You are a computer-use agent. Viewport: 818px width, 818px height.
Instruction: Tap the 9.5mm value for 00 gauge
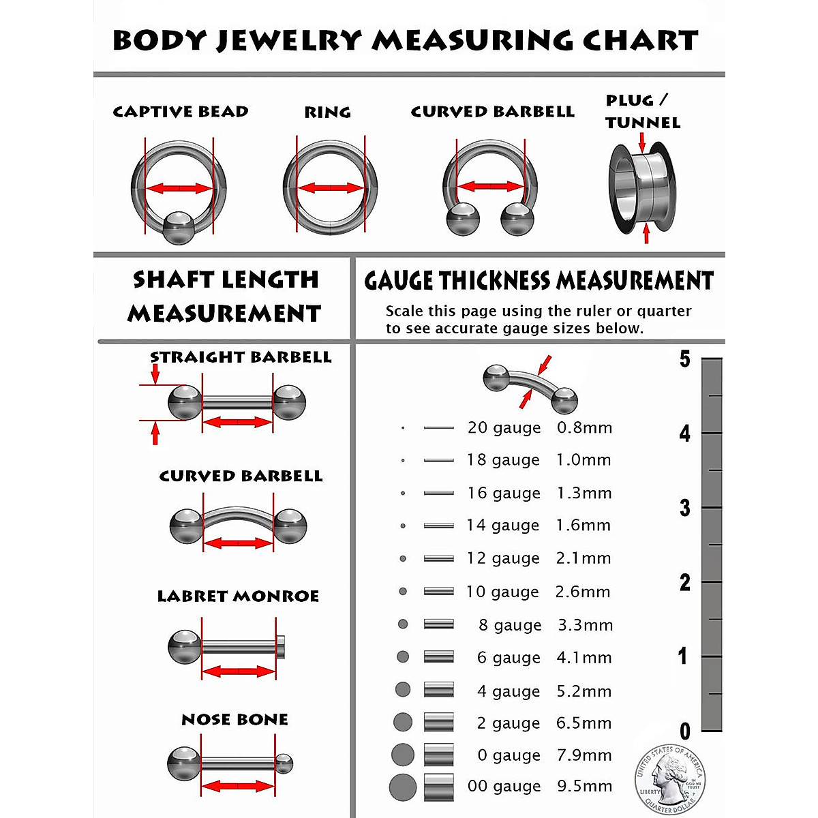point(584,786)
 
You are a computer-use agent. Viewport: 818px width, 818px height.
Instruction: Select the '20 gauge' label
point(504,428)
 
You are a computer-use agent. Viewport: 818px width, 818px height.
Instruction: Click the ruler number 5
point(684,359)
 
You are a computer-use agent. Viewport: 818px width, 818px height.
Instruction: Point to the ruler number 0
point(685,732)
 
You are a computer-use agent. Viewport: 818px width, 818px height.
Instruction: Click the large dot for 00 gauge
point(403,788)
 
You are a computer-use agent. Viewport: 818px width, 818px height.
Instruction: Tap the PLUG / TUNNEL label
point(642,112)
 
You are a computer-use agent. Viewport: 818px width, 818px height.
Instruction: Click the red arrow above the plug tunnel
point(642,142)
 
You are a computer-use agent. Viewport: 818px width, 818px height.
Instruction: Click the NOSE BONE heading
point(234,720)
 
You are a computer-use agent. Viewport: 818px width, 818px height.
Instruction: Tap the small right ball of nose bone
point(284,763)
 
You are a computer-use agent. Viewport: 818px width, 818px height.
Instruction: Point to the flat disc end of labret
point(280,646)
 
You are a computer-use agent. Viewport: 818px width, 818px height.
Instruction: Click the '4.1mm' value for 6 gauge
point(584,658)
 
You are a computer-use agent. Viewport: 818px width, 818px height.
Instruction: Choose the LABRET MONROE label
point(238,596)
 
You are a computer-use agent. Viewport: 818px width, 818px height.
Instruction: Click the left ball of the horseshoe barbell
point(463,221)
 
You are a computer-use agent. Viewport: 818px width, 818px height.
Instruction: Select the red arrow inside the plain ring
point(331,187)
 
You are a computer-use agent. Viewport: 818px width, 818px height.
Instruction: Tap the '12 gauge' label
point(502,558)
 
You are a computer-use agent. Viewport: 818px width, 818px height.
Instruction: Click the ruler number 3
point(684,509)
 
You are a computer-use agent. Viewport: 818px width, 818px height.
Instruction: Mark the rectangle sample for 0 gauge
point(438,755)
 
